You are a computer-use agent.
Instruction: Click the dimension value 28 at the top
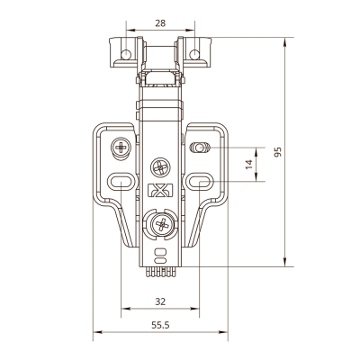pyautogui.click(x=160, y=23)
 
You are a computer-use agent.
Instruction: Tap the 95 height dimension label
pyautogui.click(x=278, y=152)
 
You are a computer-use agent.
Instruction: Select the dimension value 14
pyautogui.click(x=249, y=165)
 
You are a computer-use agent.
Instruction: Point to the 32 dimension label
pyautogui.click(x=160, y=301)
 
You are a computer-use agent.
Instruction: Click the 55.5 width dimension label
pyautogui.click(x=160, y=325)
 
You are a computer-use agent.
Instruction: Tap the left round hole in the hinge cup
pyautogui.click(x=126, y=54)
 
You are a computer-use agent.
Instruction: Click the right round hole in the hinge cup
pyautogui.click(x=194, y=54)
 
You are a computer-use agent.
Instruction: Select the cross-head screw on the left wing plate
pyautogui.click(x=121, y=148)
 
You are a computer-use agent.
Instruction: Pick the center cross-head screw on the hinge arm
pyautogui.click(x=160, y=167)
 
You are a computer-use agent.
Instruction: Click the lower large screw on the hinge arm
pyautogui.click(x=162, y=224)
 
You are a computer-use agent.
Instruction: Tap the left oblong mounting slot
pyautogui.click(x=121, y=181)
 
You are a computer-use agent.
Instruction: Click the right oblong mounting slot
pyautogui.click(x=200, y=181)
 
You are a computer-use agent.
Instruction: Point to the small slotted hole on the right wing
pyautogui.click(x=199, y=148)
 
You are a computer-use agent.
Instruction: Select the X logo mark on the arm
pyautogui.click(x=160, y=190)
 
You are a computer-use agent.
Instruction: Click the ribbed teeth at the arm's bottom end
pyautogui.click(x=160, y=272)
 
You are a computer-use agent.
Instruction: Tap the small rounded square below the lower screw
pyautogui.click(x=160, y=252)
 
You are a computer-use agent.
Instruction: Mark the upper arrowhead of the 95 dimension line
pyautogui.click(x=284, y=42)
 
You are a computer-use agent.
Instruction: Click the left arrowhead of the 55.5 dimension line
pyautogui.click(x=97, y=332)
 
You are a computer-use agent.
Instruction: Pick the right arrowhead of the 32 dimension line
pyautogui.click(x=194, y=309)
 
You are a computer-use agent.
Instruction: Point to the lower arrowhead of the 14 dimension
pyautogui.click(x=256, y=177)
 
